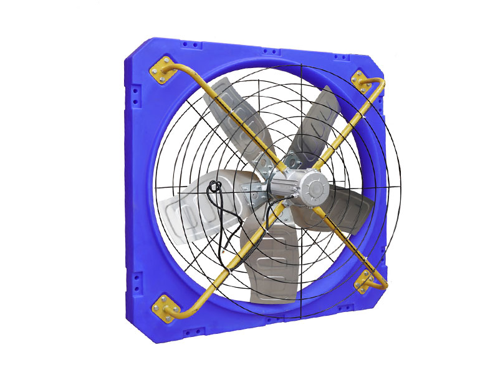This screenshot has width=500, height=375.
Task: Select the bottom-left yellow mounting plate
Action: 168,307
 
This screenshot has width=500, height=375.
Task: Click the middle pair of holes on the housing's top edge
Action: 270,51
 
